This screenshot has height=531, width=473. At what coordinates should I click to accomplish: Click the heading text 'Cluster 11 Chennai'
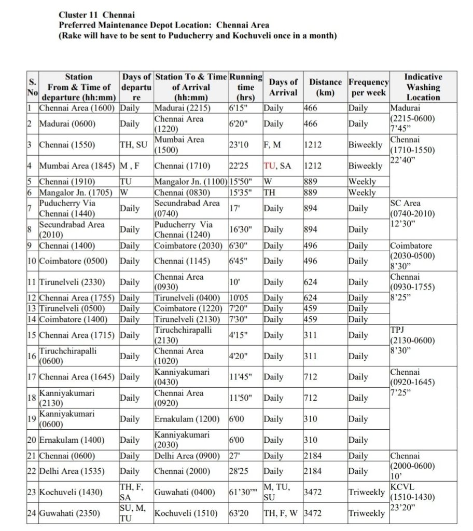pos(96,15)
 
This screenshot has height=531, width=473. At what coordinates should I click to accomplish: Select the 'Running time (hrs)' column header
pos(245,87)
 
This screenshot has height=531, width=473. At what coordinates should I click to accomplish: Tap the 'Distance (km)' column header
pos(325,87)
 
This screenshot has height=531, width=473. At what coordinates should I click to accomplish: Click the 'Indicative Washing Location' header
pos(423,87)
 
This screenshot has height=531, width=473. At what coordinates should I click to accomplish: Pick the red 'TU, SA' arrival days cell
pos(277,166)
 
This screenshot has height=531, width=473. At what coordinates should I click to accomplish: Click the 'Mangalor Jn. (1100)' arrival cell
pos(191,182)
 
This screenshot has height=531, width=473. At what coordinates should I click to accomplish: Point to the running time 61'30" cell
pos(244,492)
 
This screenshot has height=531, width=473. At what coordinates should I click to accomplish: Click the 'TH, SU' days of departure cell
pos(133,145)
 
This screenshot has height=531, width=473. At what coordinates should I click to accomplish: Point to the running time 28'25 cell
pos(240,471)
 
